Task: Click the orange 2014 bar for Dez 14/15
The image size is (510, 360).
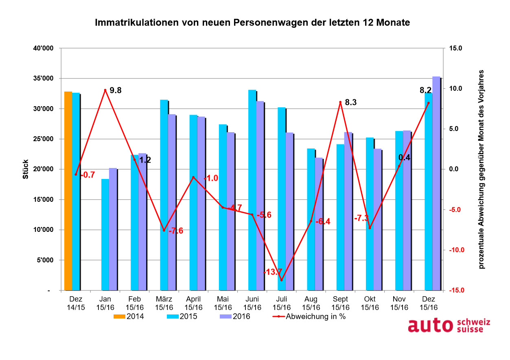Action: (x=68, y=191)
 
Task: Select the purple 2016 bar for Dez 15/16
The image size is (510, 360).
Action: (x=436, y=183)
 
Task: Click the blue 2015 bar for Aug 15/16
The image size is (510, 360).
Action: (x=311, y=220)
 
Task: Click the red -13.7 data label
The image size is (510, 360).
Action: (x=273, y=272)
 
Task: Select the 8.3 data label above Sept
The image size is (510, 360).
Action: (x=350, y=103)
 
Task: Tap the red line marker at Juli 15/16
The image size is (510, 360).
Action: (x=281, y=280)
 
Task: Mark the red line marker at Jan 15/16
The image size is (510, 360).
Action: (x=105, y=90)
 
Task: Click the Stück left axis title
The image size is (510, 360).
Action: (x=26, y=169)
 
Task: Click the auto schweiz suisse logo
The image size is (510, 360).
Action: (x=449, y=325)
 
